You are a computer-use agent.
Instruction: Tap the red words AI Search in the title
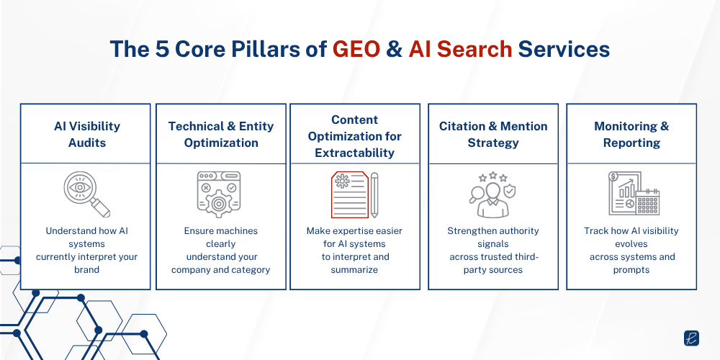[461, 49]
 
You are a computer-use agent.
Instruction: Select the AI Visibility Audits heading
[86, 134]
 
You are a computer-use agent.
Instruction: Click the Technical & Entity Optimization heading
[221, 134]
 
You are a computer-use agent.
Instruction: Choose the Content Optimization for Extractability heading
[354, 135]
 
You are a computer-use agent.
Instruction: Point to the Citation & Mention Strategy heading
[493, 134]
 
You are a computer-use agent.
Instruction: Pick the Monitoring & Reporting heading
[631, 134]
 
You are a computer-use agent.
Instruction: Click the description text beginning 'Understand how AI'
[86, 251]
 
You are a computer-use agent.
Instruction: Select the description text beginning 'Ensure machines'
[221, 251]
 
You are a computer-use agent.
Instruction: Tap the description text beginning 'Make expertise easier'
[354, 251]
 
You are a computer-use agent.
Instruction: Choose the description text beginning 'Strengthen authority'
[493, 251]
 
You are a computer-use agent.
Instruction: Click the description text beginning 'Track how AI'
[631, 251]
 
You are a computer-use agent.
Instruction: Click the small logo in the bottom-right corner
[692, 338]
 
